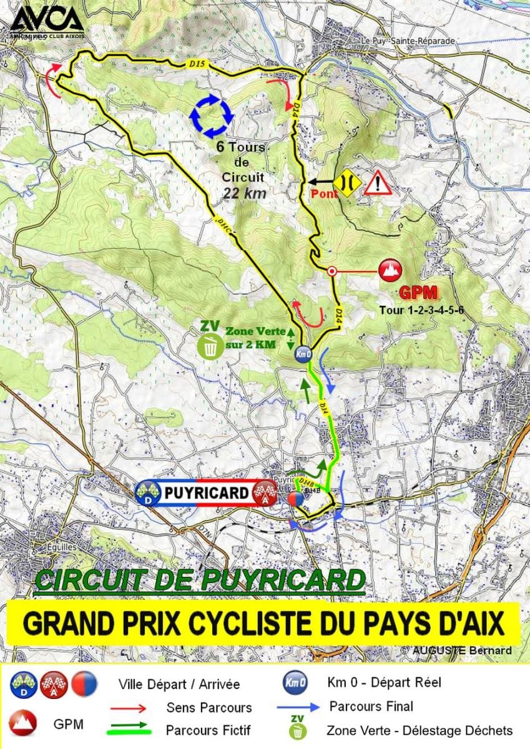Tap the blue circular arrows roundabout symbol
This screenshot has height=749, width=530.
tap(211, 115)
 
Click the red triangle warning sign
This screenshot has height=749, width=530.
tap(378, 184)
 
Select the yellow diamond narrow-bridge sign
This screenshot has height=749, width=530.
tap(345, 182)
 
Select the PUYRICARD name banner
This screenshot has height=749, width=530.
tap(206, 492)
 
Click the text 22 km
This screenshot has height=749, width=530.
tap(245, 193)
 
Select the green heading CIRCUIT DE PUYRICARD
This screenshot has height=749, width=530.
tap(200, 580)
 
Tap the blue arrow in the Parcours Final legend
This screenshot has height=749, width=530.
tap(299, 707)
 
